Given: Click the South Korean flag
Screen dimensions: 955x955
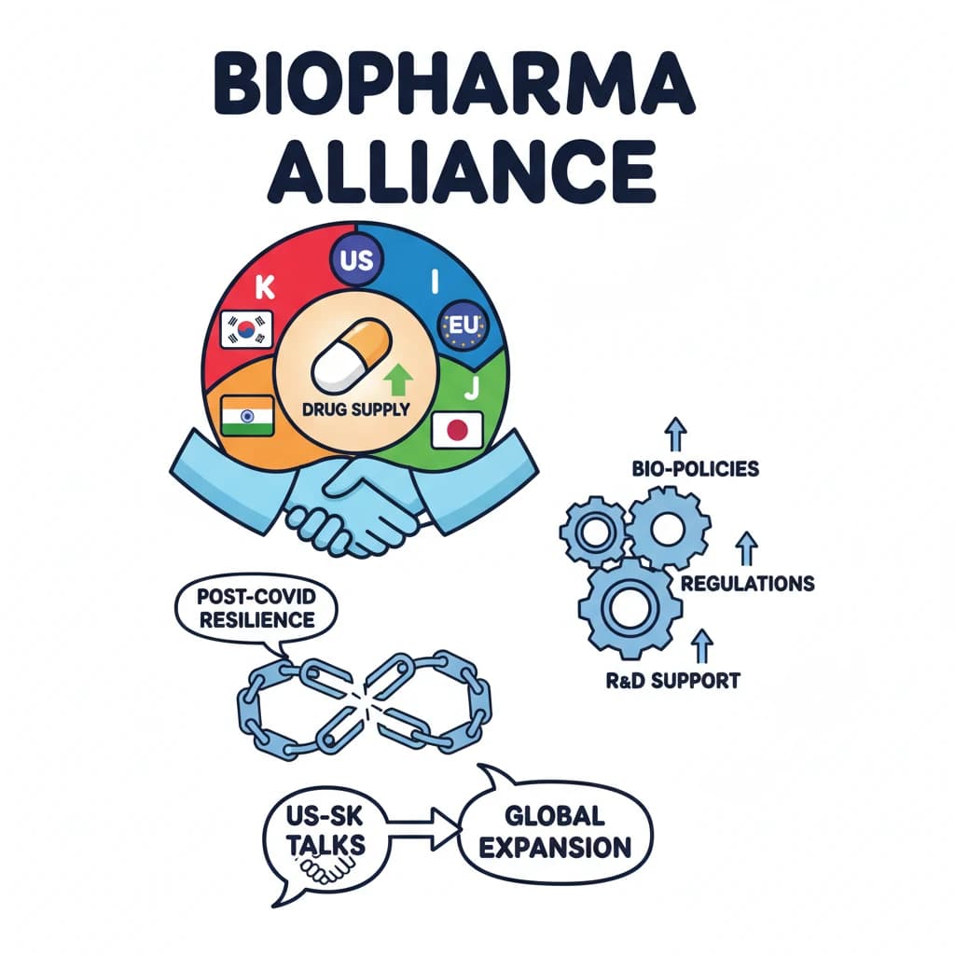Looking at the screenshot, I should pos(244,329).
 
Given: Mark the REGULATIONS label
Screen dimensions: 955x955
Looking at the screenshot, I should pos(747,584).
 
